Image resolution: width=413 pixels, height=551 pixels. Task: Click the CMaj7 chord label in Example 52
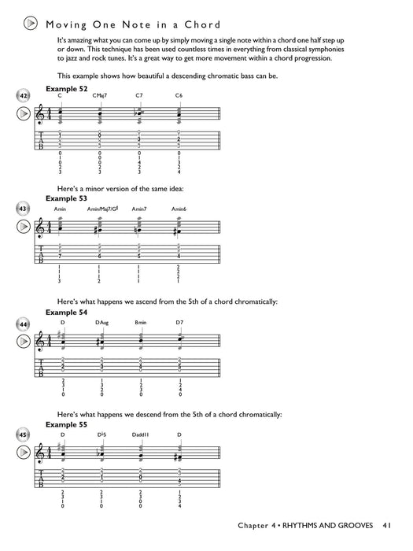coord(99,95)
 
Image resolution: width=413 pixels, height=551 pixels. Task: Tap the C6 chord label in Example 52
coord(179,95)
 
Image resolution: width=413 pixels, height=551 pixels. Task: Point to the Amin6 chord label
coord(179,209)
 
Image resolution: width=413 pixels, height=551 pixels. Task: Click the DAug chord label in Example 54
coord(101,322)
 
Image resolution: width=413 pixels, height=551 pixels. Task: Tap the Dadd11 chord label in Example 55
coord(142,435)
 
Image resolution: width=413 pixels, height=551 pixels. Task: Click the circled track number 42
coord(24,95)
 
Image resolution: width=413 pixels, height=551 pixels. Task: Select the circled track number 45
coord(24,435)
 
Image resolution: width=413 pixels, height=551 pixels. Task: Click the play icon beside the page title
coord(28,24)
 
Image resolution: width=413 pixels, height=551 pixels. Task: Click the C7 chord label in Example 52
coord(139,95)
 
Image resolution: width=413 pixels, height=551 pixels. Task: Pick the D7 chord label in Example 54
coord(179,322)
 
